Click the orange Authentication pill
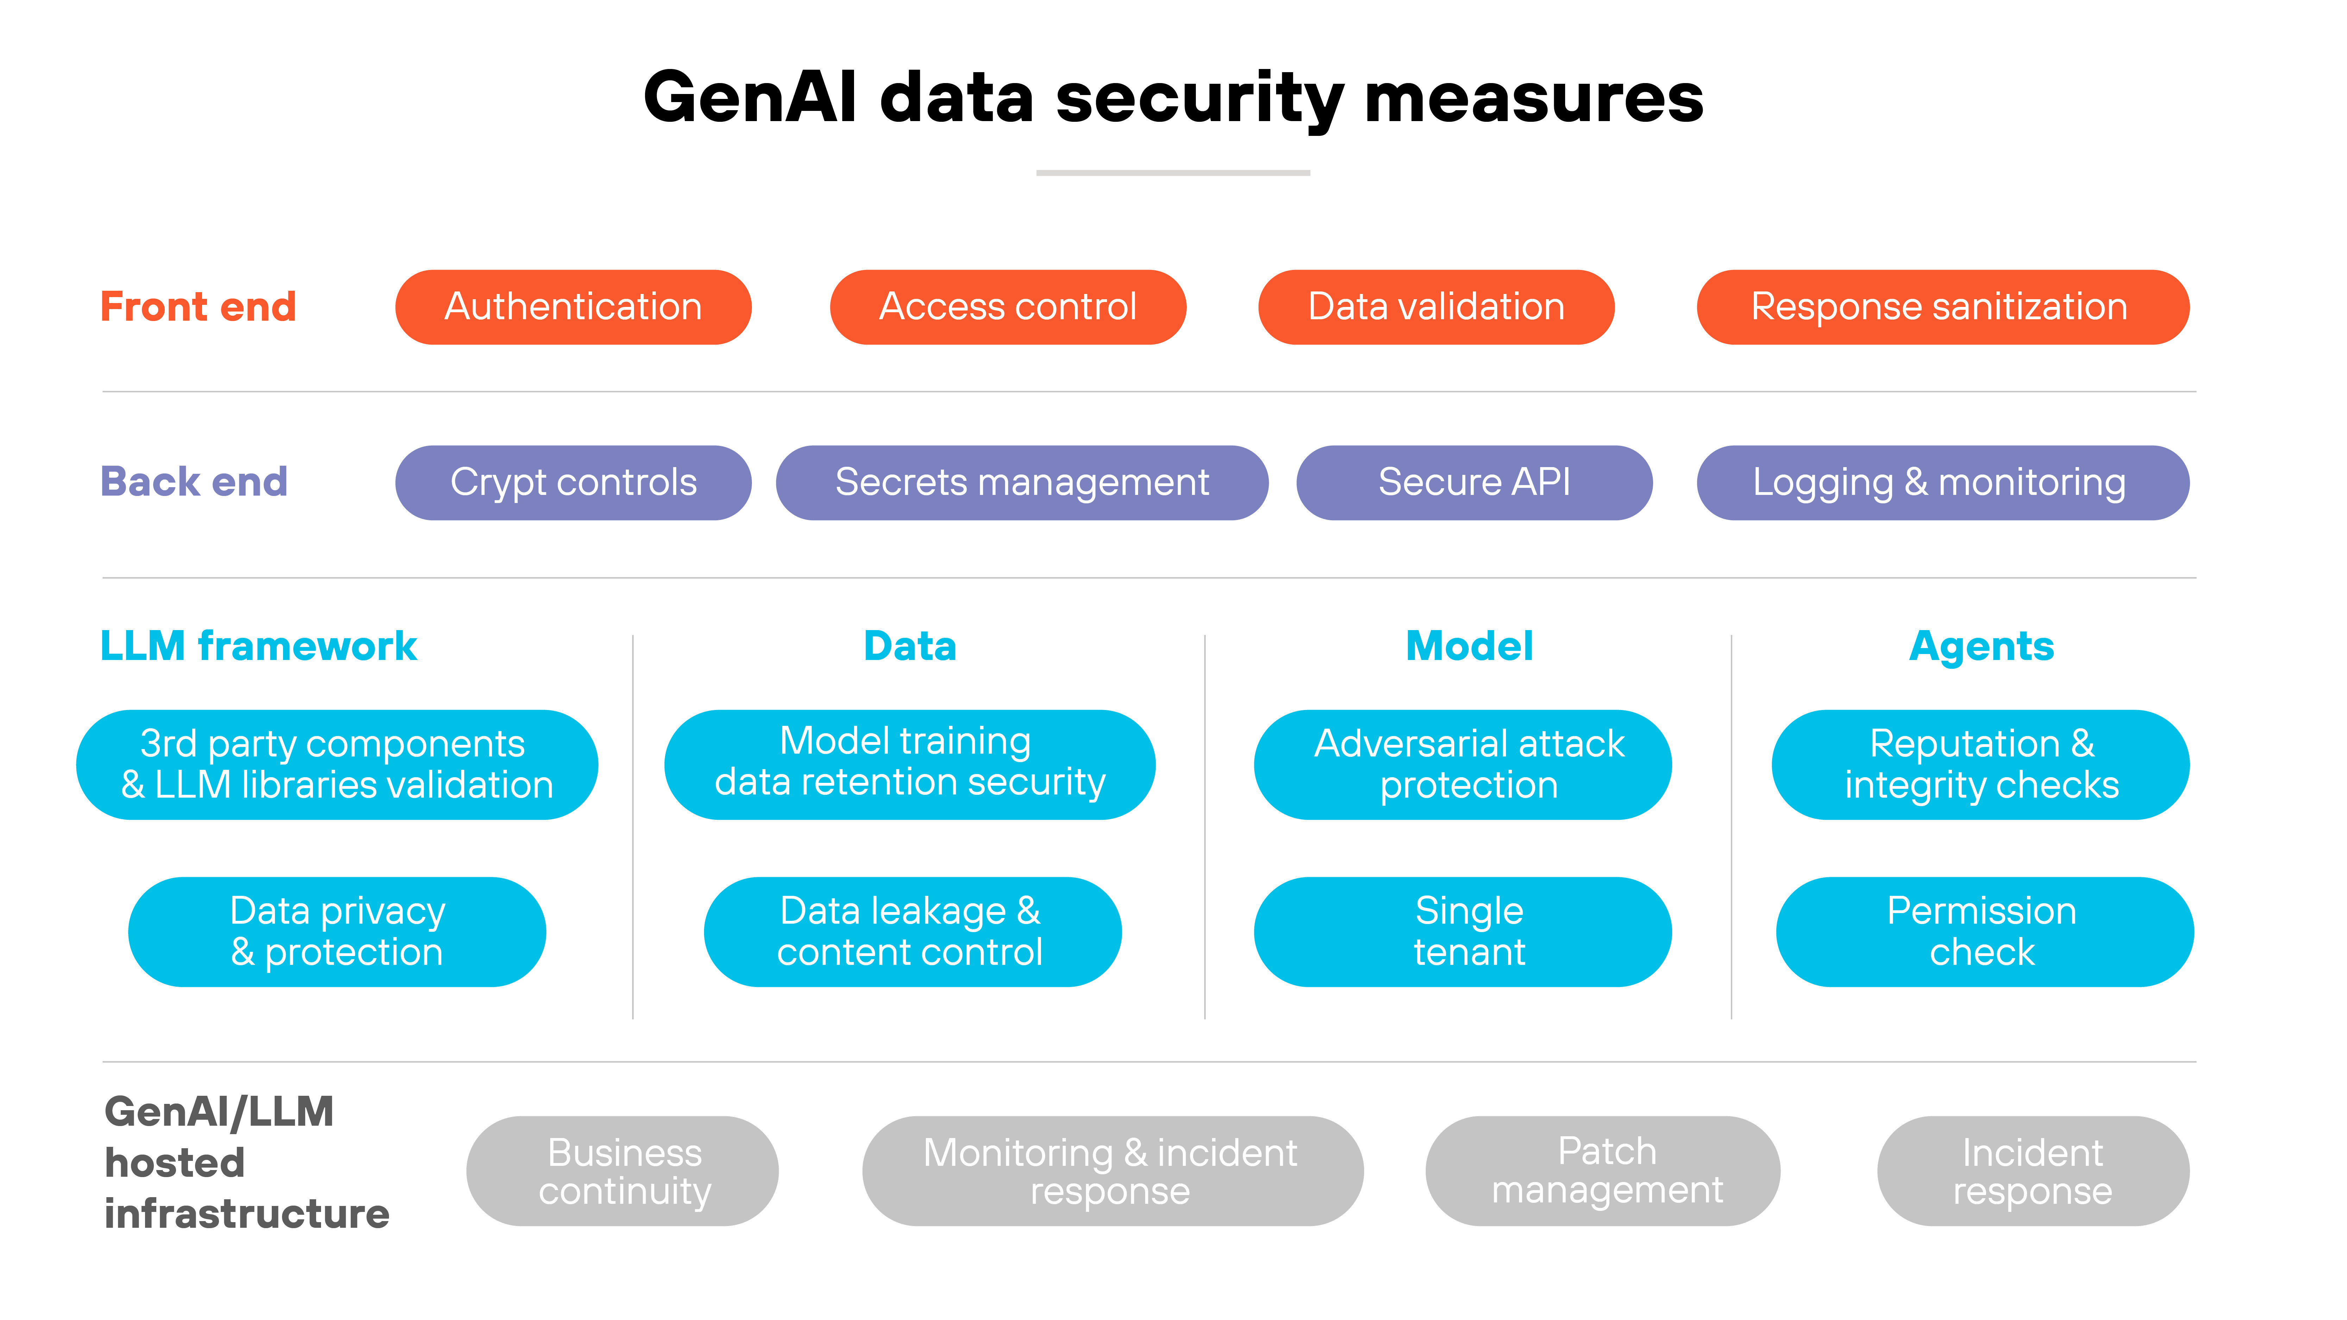pos(573,307)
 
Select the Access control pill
pos(1008,307)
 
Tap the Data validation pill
pos(1436,307)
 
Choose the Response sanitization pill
pos(1943,307)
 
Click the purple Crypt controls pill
pos(573,483)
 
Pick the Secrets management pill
pos(1021,483)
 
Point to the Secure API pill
pos(1474,483)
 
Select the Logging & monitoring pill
pos(1943,483)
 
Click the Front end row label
pos(198,307)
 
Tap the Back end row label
pos(194,482)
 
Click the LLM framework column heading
pos(258,646)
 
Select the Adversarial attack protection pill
pos(1462,764)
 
